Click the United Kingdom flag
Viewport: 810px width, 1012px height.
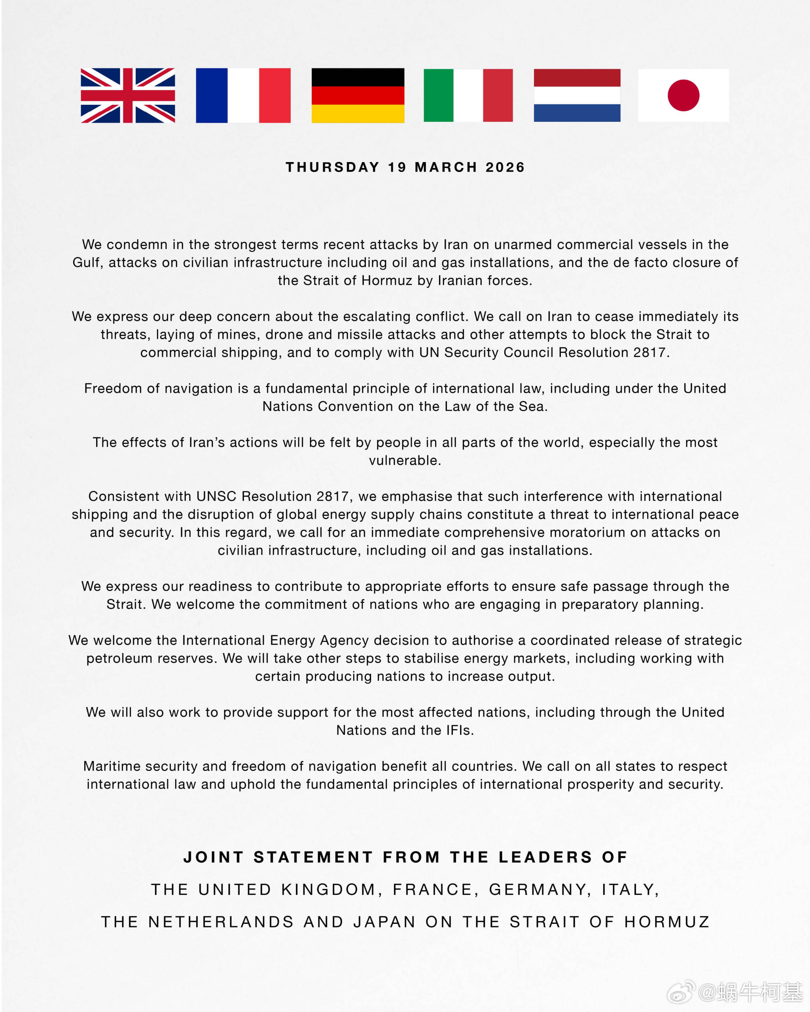click(128, 95)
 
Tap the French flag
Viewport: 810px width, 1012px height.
click(243, 95)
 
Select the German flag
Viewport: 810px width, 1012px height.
click(358, 95)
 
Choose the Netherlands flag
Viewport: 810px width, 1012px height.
click(577, 95)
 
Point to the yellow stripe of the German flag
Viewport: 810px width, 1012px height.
click(358, 113)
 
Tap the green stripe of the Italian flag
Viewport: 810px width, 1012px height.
click(438, 95)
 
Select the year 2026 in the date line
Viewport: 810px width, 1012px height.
click(505, 167)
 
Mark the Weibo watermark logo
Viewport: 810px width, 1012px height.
click(681, 992)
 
